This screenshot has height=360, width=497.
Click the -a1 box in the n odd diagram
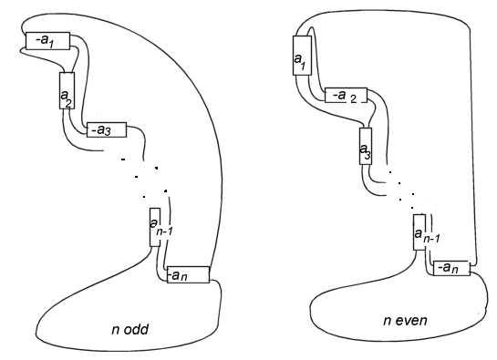(x=47, y=41)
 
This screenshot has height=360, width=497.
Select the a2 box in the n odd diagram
(x=67, y=90)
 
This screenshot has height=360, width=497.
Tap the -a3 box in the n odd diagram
(x=107, y=129)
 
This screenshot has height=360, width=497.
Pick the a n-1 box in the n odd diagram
(x=155, y=227)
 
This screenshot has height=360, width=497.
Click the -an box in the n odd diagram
(x=188, y=274)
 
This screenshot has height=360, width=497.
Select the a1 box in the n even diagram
(x=303, y=56)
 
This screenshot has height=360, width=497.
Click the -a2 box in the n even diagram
(x=347, y=95)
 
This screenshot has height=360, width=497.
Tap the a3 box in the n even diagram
(x=366, y=146)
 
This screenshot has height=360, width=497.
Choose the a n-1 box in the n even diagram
(x=419, y=232)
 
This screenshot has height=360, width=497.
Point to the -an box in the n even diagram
(x=451, y=268)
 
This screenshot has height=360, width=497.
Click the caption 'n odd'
(x=130, y=330)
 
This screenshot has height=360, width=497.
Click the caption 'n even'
(x=405, y=321)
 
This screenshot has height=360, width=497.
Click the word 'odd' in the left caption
(x=136, y=330)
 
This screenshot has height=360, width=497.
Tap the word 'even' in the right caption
(x=410, y=321)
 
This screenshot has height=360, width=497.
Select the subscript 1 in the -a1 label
(x=50, y=44)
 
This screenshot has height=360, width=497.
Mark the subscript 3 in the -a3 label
(x=108, y=131)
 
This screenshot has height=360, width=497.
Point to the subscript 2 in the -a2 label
(x=353, y=99)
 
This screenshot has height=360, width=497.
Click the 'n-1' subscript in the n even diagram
(x=431, y=239)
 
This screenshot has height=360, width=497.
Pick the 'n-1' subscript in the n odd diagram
(x=164, y=231)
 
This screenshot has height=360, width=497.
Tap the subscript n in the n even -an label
(x=454, y=270)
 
